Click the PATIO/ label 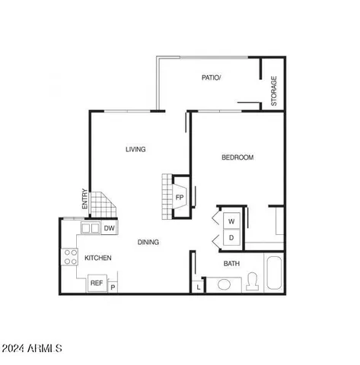(211, 78)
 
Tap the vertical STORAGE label (274, 91)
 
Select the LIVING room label (135, 149)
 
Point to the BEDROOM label (237, 157)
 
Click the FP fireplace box (180, 197)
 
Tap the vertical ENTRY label (84, 200)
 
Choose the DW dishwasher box (110, 227)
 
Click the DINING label (148, 243)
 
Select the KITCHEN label (98, 259)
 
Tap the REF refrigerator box (97, 283)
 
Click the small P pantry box (113, 287)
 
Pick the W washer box (231, 221)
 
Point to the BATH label (231, 264)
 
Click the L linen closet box (198, 287)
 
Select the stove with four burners (71, 257)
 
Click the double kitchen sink (91, 227)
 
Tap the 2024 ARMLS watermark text (32, 348)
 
